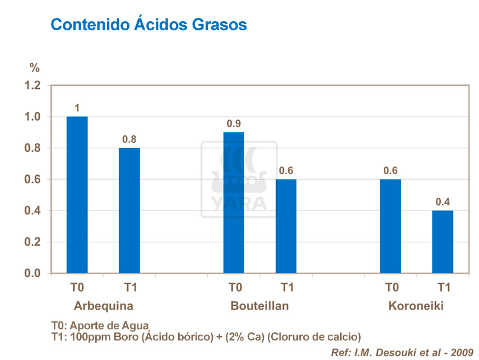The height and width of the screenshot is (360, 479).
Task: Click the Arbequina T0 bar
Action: click(x=77, y=195)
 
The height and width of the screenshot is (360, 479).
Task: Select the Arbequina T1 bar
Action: click(x=129, y=211)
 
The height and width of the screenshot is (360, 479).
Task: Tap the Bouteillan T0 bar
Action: click(x=234, y=203)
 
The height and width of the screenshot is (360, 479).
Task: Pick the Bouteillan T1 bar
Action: click(x=286, y=226)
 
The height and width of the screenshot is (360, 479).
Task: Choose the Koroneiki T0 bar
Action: click(x=390, y=226)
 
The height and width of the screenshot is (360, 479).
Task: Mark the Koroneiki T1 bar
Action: click(x=443, y=242)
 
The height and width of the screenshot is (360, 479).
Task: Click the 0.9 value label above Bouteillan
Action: click(x=234, y=123)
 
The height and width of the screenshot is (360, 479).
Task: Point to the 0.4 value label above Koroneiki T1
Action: click(x=443, y=202)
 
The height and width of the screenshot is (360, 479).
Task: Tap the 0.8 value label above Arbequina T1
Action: click(x=129, y=139)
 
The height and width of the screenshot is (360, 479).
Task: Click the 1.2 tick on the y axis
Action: click(x=33, y=86)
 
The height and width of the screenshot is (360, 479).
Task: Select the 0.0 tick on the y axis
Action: click(x=33, y=273)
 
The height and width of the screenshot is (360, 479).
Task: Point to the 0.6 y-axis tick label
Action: click(x=33, y=180)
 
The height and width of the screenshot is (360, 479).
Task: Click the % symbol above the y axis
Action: click(x=35, y=68)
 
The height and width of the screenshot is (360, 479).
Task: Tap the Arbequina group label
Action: click(x=103, y=306)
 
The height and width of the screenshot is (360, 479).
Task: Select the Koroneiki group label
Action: click(x=416, y=306)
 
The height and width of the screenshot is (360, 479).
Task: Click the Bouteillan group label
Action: click(x=259, y=306)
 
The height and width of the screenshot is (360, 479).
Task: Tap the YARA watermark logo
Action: click(x=239, y=179)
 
